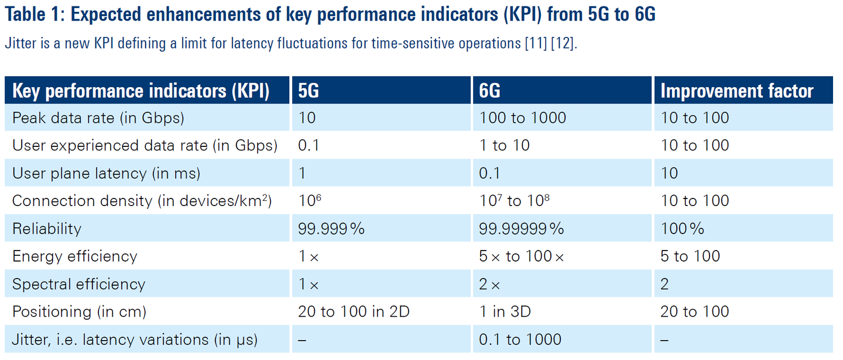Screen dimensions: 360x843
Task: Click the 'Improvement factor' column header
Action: [737, 91]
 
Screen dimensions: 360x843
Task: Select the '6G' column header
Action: [489, 91]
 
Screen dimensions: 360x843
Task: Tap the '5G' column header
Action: [309, 91]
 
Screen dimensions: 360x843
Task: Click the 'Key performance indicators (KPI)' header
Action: [140, 91]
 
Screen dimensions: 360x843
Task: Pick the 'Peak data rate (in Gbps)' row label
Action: [98, 118]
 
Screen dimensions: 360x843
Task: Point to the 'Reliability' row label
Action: [47, 228]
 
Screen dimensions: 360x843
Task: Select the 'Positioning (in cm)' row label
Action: [79, 311]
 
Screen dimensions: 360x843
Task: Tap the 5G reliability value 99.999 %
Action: [331, 228]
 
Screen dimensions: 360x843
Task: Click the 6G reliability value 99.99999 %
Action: [522, 228]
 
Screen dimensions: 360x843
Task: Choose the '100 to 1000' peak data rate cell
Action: [523, 118]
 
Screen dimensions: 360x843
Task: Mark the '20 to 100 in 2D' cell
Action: [354, 311]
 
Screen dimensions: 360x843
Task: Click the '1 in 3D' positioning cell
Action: [505, 311]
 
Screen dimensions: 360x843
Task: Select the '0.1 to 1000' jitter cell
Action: [520, 339]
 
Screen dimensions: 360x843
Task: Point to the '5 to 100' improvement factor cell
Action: [690, 256]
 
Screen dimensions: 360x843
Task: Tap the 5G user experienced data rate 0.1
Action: [309, 145]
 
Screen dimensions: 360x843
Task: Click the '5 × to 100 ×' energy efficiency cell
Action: [522, 256]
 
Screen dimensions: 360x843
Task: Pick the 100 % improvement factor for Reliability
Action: [683, 228]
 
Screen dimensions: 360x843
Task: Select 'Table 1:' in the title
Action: [35, 15]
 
